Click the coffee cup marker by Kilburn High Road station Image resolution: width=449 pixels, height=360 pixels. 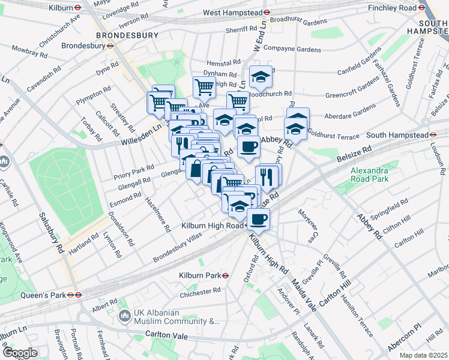(x=258, y=220)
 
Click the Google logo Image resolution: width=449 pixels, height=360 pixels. (x=19, y=352)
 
